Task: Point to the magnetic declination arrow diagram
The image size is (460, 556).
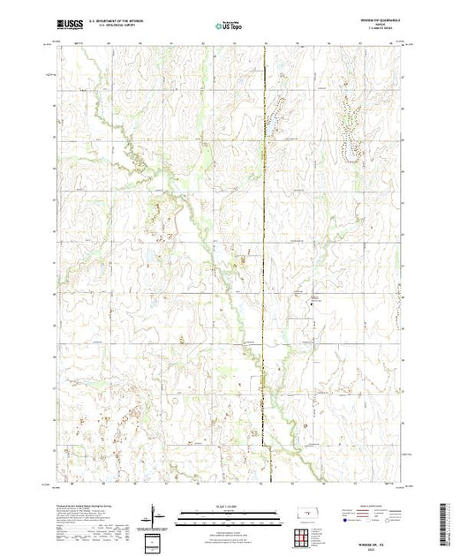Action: [155, 514]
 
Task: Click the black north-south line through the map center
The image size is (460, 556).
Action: [266, 265]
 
